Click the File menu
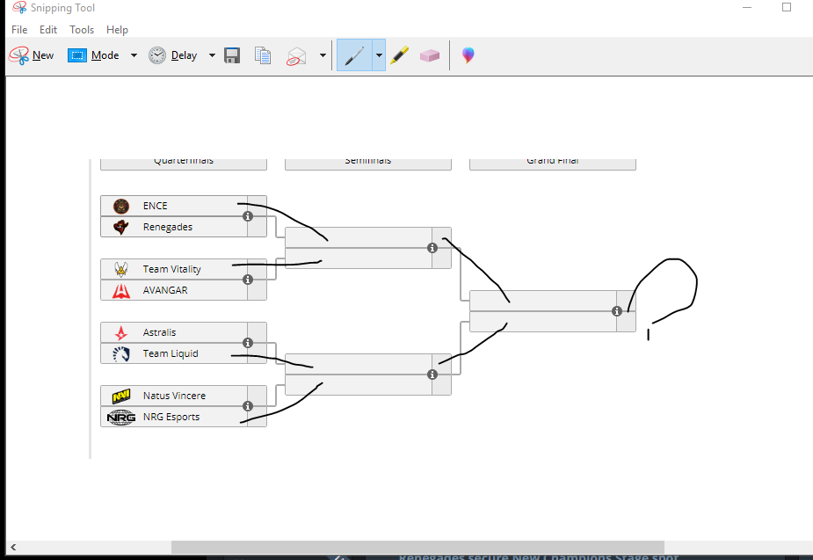(x=19, y=30)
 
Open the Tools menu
(x=82, y=30)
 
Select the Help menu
(x=117, y=30)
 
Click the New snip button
(x=32, y=55)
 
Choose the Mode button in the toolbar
(x=94, y=55)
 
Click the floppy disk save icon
(x=232, y=55)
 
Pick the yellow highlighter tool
(x=400, y=55)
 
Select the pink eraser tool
(x=429, y=55)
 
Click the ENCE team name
(x=155, y=206)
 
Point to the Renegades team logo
(x=121, y=227)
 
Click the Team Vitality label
(x=171, y=269)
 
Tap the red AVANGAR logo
(x=121, y=290)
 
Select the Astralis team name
(x=159, y=332)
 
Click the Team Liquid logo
(x=121, y=353)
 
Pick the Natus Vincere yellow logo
(x=121, y=396)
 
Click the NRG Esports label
(x=171, y=417)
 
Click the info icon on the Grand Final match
(x=617, y=311)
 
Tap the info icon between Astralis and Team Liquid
(x=248, y=343)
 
